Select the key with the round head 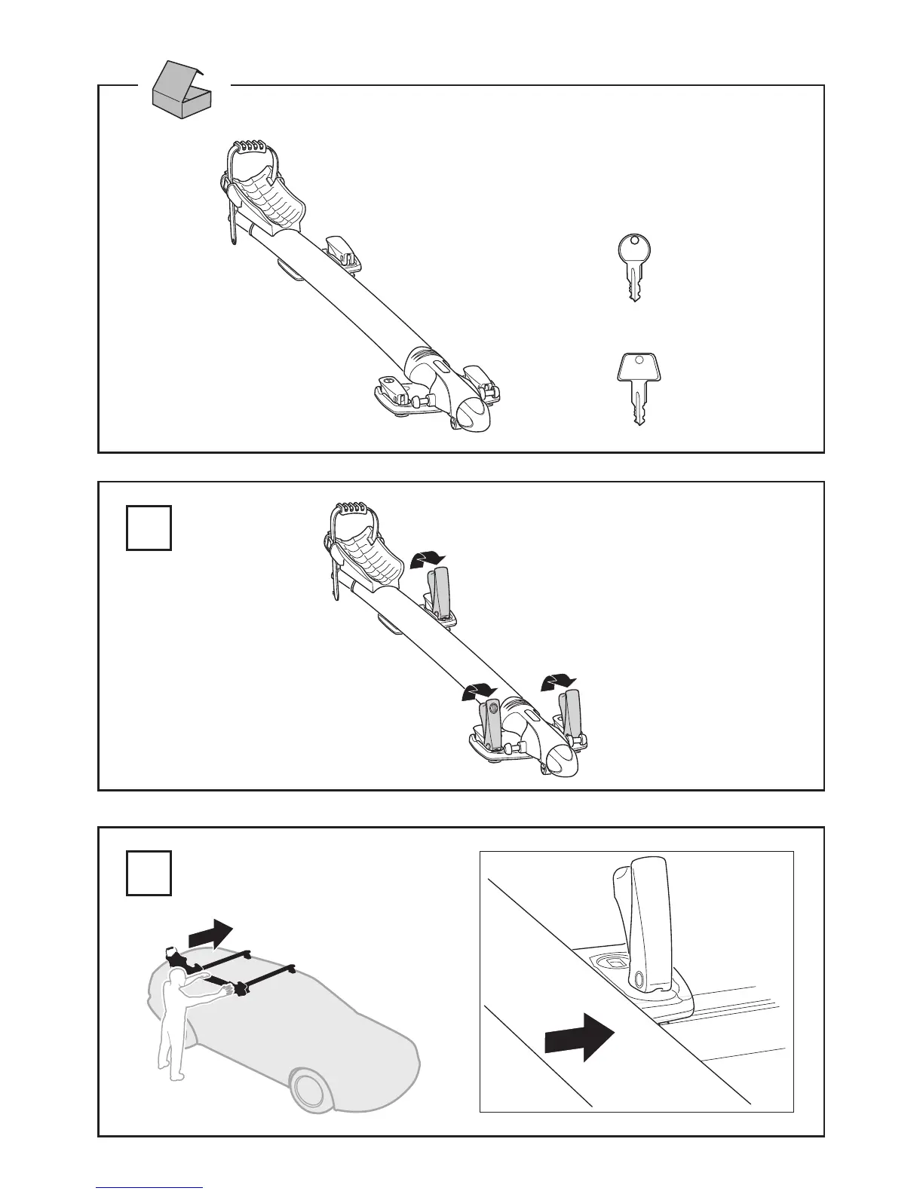coord(633,268)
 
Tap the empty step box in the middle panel coord(149,528)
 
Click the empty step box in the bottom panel coord(149,873)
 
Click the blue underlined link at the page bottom coord(149,1187)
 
